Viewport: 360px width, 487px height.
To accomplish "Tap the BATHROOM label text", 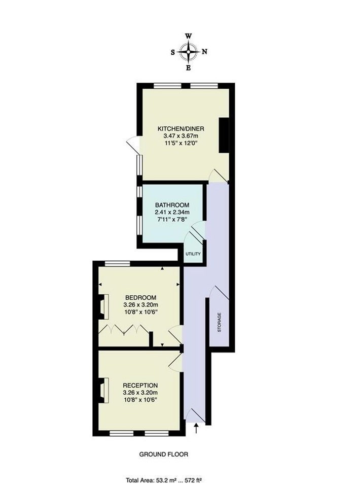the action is pos(172,205).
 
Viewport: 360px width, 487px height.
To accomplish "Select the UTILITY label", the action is pos(193,254).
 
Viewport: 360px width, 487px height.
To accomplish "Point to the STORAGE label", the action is pos(220,323).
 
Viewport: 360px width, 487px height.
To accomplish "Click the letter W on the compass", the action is pos(189,36).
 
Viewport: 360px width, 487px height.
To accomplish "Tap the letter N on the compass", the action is pos(204,52).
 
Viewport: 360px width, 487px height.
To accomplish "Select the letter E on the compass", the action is pos(188,68).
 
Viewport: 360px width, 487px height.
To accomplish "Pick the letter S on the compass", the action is pos(172,52).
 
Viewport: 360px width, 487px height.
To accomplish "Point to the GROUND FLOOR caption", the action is pos(164,455).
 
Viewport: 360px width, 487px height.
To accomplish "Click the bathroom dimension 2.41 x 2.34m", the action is pos(172,212).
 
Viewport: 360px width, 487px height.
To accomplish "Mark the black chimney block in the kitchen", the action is pos(224,135).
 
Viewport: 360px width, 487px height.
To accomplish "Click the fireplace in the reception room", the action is pos(103,391).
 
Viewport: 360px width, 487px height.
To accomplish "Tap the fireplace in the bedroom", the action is pos(103,306).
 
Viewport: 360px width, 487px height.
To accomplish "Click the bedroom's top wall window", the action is pos(117,264).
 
